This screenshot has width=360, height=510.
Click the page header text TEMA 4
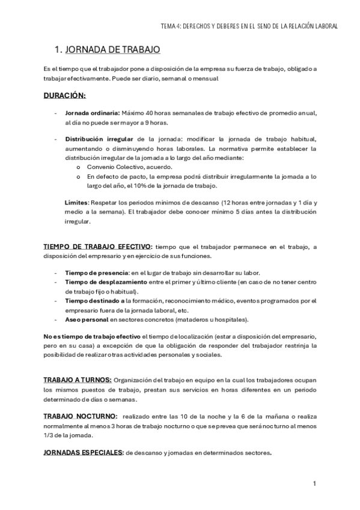coord(171,26)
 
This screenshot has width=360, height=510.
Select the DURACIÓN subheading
coord(64,95)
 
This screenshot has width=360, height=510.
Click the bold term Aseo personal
coord(86,319)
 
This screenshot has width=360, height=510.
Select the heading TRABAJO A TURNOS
coord(78,381)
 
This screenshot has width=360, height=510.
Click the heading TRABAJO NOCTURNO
coord(81,416)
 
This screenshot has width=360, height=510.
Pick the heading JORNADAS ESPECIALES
coord(84,453)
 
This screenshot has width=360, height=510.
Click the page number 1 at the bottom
coord(314,484)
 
